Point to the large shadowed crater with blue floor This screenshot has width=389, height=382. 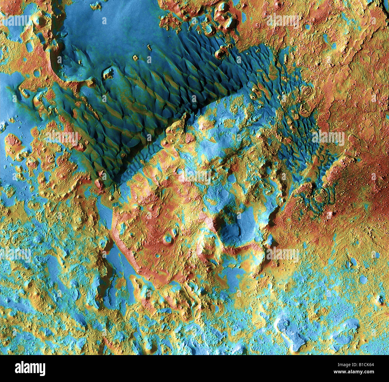coord(233,228)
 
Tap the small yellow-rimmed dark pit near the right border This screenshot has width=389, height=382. coord(380,300)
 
